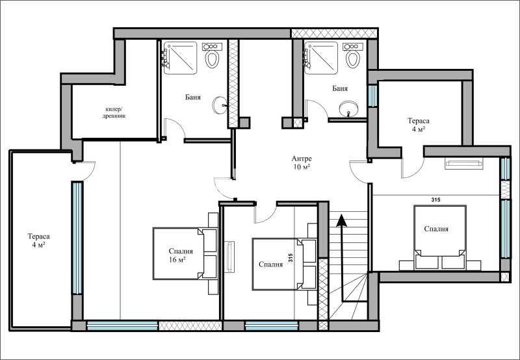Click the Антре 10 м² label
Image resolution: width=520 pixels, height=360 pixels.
(302, 162)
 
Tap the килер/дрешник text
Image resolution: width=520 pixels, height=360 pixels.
(114, 112)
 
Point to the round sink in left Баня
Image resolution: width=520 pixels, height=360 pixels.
(220, 105)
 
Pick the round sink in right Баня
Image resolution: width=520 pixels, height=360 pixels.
(348, 109)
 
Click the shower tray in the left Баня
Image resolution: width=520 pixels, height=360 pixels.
(181, 58)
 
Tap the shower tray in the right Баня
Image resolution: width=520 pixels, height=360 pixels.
(321, 58)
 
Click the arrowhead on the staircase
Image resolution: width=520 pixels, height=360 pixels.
(342, 220)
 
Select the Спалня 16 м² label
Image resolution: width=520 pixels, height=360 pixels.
(181, 255)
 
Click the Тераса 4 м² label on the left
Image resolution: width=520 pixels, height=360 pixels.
(38, 240)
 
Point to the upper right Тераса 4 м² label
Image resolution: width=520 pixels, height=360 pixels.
(419, 125)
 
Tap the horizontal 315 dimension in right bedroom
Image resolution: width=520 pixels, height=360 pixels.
(435, 200)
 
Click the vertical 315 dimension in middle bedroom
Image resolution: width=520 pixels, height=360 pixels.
(291, 258)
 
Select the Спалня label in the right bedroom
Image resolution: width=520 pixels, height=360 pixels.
(436, 229)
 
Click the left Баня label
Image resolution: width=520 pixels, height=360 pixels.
(193, 97)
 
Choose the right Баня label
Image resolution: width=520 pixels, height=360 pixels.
(340, 88)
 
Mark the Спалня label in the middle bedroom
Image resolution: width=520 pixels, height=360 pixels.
(270, 264)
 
